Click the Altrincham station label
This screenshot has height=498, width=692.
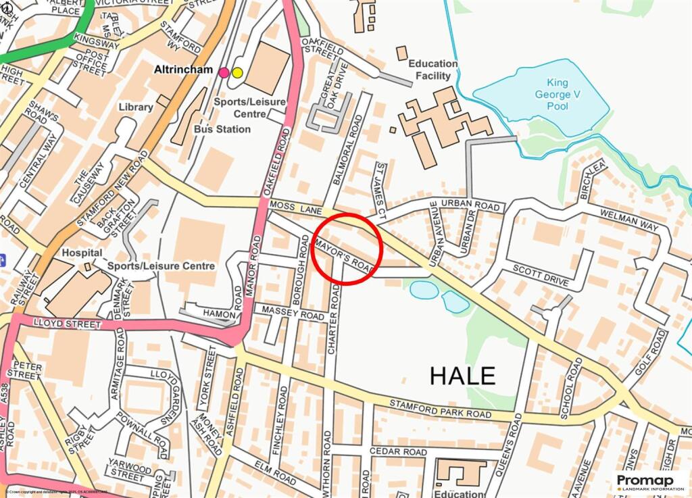(184, 70)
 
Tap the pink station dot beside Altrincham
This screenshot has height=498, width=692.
(224, 72)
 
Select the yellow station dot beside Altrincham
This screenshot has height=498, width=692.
(237, 72)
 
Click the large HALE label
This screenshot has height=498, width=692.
(464, 375)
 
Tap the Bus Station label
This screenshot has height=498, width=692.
(222, 128)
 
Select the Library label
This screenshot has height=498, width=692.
(136, 107)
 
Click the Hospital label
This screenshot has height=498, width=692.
(82, 252)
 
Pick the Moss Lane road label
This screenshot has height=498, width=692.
(289, 204)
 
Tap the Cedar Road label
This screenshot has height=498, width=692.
(398, 451)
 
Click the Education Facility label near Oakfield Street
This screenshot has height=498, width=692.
(432, 70)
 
